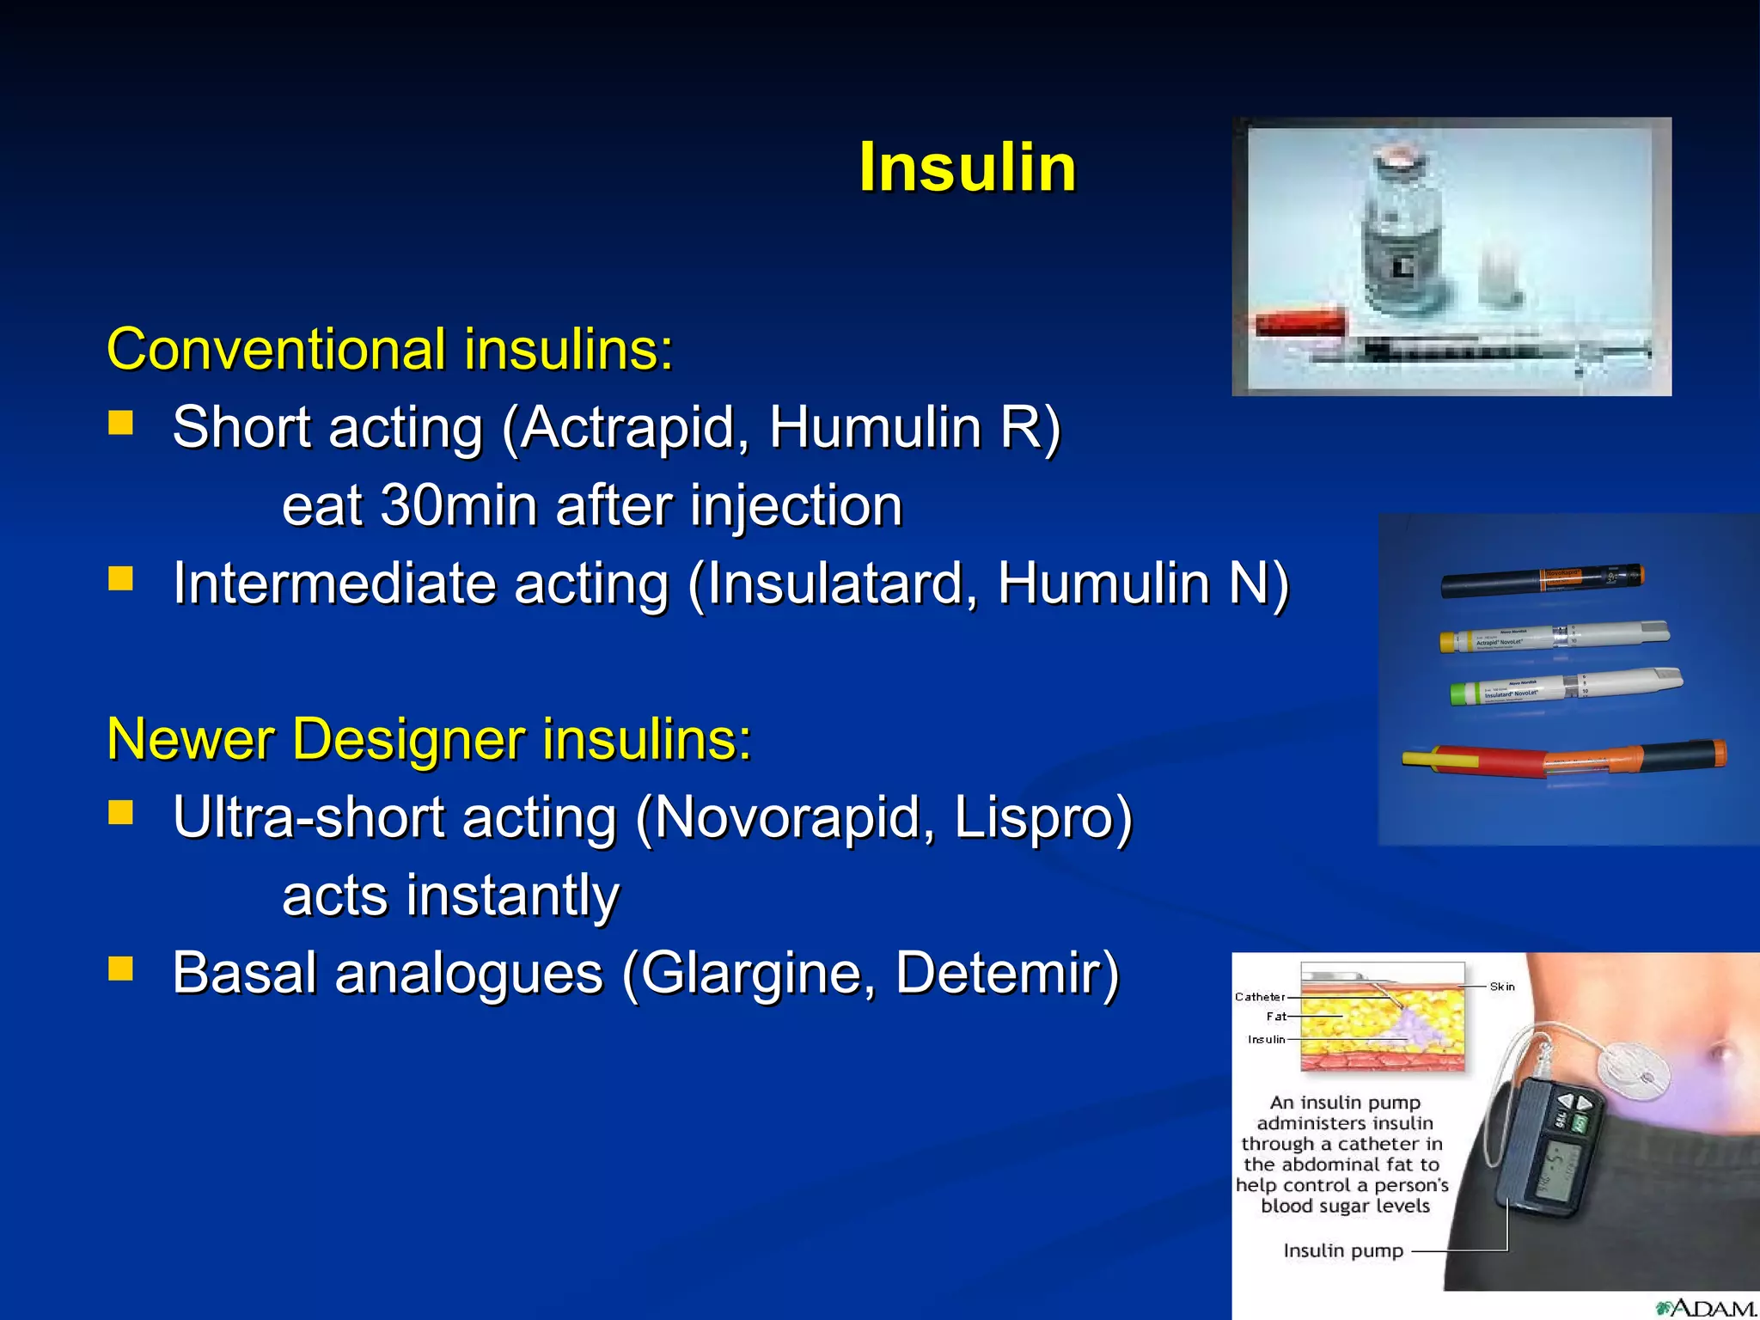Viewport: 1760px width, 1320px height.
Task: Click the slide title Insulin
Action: point(967,168)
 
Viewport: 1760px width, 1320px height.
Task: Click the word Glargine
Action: point(757,973)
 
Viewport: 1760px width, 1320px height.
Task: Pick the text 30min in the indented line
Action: point(460,505)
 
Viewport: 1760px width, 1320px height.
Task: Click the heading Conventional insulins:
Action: point(389,350)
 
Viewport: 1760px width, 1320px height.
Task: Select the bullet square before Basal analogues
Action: point(121,969)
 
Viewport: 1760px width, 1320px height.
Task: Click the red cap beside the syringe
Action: point(1299,323)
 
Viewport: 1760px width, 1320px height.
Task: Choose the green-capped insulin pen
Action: point(1564,687)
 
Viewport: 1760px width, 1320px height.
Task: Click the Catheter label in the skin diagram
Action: point(1259,997)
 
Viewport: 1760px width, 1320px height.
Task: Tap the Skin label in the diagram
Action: point(1501,987)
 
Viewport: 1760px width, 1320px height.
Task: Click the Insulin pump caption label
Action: point(1342,1251)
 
